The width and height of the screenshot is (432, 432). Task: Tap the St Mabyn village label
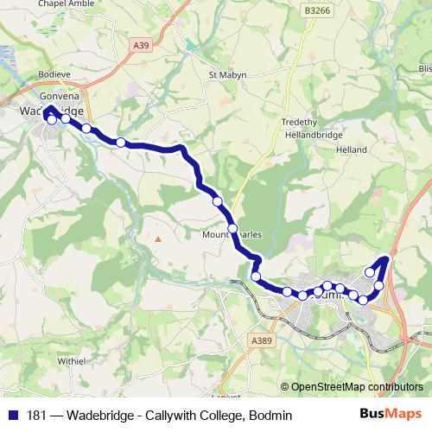pyautogui.click(x=228, y=75)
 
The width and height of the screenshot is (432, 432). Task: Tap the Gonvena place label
pyautogui.click(x=59, y=96)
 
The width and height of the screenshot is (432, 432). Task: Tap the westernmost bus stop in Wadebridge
pyautogui.click(x=52, y=120)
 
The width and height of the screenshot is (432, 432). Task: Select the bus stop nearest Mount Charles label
pyautogui.click(x=232, y=228)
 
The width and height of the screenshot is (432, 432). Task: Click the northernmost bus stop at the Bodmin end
pyautogui.click(x=370, y=272)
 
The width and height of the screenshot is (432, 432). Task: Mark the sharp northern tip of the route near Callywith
pyautogui.click(x=385, y=258)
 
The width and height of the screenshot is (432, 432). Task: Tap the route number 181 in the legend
pyautogui.click(x=37, y=416)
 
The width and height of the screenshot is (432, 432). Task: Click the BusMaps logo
pyautogui.click(x=384, y=415)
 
